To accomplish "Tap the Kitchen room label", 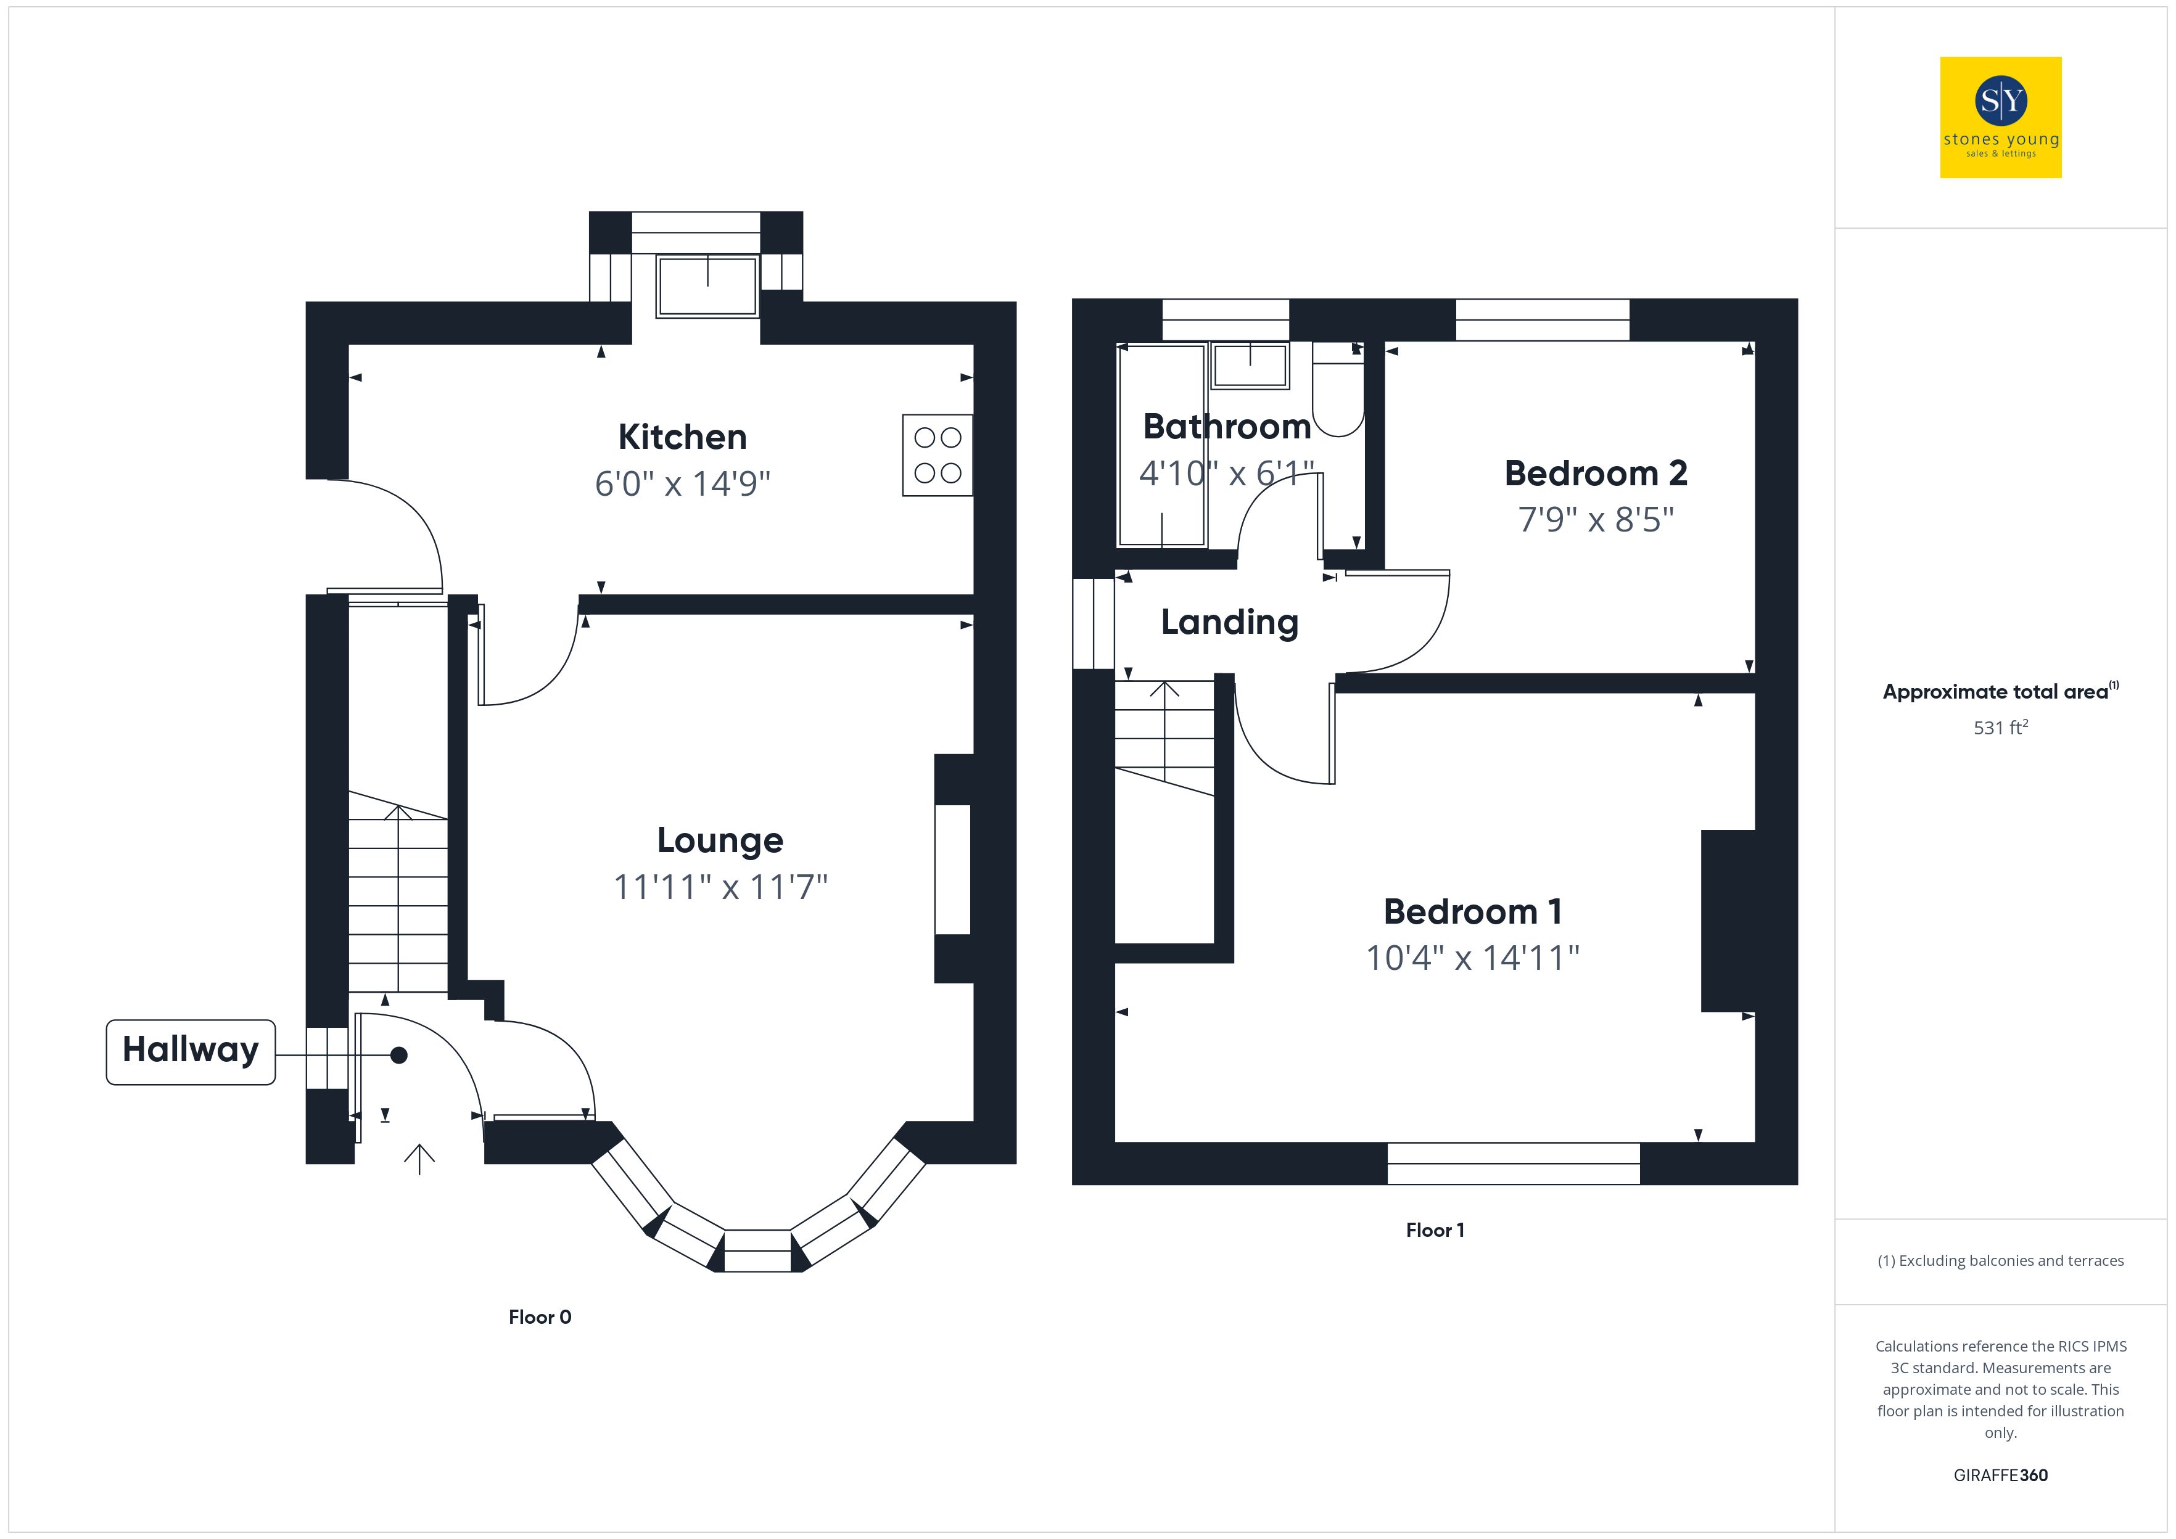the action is pyautogui.click(x=682, y=437).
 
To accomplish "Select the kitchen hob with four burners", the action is pyautogui.click(x=938, y=455).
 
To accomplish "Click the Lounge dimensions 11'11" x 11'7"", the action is pyautogui.click(x=720, y=887).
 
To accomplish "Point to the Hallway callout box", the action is pyautogui.click(x=191, y=1052).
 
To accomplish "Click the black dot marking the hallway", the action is pyautogui.click(x=399, y=1055).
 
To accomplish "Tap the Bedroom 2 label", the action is pyautogui.click(x=1596, y=473).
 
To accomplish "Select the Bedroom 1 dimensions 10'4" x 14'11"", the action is pyautogui.click(x=1473, y=958).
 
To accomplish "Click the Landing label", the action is pyautogui.click(x=1229, y=623).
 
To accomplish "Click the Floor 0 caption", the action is pyautogui.click(x=540, y=1317).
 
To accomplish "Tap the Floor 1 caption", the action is pyautogui.click(x=1435, y=1230).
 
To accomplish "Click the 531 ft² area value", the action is pyautogui.click(x=2001, y=727).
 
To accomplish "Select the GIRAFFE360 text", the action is pyautogui.click(x=2001, y=1475).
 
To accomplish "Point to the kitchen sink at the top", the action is pyautogui.click(x=708, y=285).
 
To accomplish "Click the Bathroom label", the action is pyautogui.click(x=1227, y=427).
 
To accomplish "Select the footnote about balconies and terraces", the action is pyautogui.click(x=2001, y=1260).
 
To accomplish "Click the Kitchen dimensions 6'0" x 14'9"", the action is pyautogui.click(x=682, y=483).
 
